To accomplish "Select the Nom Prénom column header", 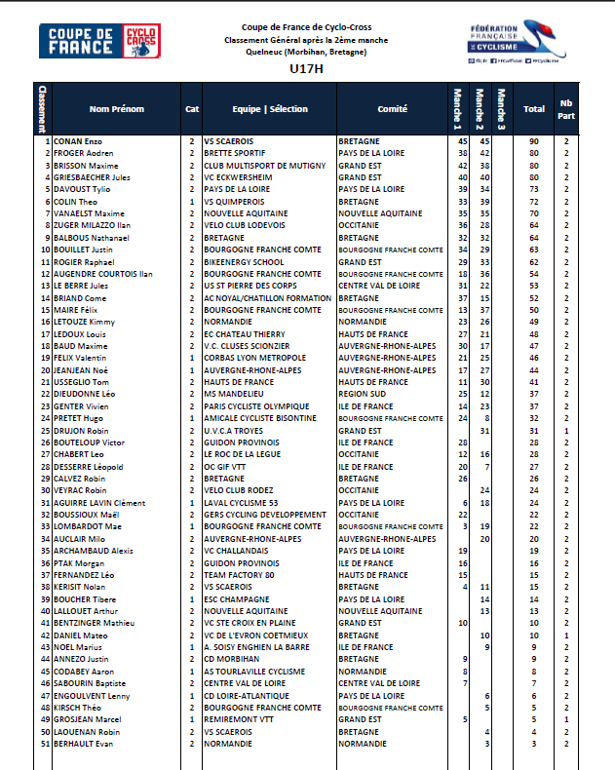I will (x=116, y=109).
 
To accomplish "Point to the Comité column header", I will (x=392, y=109).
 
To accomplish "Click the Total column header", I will (x=534, y=109).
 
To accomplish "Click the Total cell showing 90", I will (x=534, y=141).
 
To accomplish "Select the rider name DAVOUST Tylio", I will (x=83, y=189).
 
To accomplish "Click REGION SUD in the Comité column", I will (x=364, y=394).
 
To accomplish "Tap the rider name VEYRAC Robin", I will (x=79, y=490).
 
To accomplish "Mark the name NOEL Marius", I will (x=77, y=646).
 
